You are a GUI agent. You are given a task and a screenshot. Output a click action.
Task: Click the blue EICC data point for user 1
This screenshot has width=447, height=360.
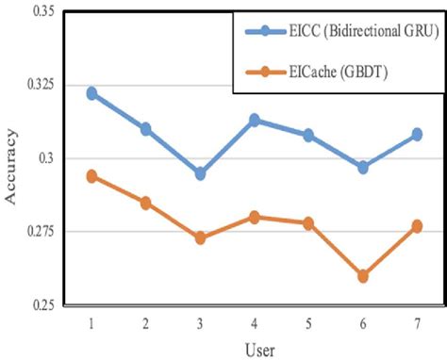coord(91,93)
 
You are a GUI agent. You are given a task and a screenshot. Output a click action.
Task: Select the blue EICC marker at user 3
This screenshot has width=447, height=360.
coord(200,173)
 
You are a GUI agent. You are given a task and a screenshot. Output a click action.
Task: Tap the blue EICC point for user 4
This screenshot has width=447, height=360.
coord(255,120)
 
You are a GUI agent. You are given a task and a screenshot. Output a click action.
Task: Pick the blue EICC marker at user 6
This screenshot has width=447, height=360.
coord(363,167)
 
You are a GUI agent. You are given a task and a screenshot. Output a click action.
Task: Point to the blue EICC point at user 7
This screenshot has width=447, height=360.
coord(417,135)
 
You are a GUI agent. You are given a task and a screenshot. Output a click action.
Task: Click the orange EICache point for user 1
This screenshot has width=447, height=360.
coord(91,176)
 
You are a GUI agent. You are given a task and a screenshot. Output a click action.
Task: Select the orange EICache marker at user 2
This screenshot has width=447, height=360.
coord(146,203)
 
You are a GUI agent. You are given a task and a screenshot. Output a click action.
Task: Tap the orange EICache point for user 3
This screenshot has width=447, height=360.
coord(200,237)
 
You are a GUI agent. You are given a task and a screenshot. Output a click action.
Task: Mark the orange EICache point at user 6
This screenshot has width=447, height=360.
coord(363,276)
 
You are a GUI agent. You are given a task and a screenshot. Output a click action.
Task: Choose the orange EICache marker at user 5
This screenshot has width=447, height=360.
coord(308,223)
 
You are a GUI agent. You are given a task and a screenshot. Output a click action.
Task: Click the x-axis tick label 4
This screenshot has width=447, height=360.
coord(255,323)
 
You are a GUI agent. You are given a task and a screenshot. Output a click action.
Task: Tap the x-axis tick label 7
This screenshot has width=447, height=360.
coord(417,323)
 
